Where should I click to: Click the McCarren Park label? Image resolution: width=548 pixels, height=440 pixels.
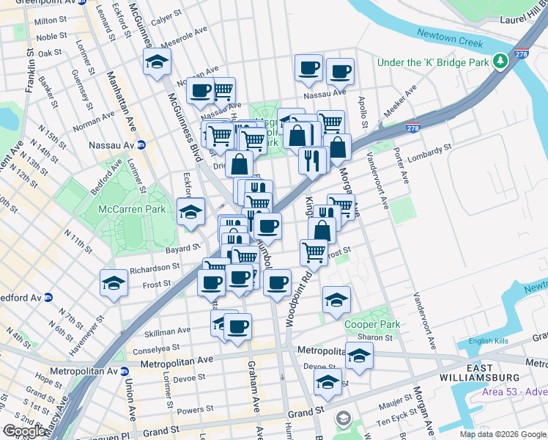134,209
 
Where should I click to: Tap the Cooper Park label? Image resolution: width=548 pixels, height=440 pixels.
372,324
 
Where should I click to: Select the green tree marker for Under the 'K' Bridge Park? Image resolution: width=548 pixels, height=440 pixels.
500,62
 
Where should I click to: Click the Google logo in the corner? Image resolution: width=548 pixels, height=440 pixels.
24,431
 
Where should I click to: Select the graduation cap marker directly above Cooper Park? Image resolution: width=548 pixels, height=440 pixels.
336,299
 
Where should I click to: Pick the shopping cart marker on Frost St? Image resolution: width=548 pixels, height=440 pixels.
314,252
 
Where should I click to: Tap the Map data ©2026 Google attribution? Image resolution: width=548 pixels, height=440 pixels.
502,434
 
